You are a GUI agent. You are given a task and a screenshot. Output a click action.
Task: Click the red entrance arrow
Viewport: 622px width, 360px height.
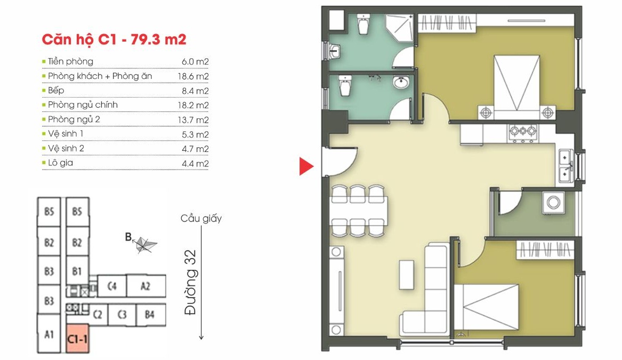click(305, 166)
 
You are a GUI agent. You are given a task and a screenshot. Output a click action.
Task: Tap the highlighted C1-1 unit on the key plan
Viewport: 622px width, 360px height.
click(77, 339)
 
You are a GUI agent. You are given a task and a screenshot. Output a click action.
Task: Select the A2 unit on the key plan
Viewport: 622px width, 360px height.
click(146, 286)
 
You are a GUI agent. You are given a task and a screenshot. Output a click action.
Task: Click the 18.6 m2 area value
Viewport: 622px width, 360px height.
click(193, 76)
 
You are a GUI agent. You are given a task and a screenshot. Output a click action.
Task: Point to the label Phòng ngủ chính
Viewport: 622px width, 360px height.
click(83, 105)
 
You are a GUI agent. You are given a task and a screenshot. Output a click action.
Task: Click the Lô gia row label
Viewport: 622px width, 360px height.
click(60, 163)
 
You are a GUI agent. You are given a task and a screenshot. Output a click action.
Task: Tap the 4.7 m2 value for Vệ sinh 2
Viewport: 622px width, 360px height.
click(195, 149)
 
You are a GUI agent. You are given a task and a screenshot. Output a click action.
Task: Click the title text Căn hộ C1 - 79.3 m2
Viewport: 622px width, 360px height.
click(114, 39)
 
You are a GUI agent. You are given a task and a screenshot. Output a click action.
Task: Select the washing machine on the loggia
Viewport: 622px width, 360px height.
click(553, 203)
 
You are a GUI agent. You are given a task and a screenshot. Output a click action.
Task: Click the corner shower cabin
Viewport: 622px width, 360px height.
click(399, 29)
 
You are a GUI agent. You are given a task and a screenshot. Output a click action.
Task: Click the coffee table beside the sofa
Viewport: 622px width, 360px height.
click(407, 275)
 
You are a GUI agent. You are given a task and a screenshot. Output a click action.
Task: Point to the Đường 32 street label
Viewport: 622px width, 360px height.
click(190, 282)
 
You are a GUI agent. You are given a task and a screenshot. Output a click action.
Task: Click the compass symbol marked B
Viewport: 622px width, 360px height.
click(143, 244)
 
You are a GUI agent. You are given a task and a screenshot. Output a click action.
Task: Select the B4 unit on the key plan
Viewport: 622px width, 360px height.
click(150, 315)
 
